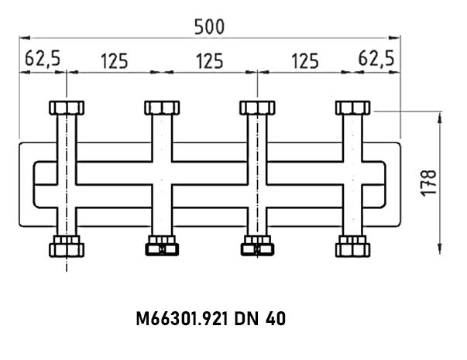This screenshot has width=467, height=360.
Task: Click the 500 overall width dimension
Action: click(x=209, y=26)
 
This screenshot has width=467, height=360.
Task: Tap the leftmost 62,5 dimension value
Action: click(x=43, y=59)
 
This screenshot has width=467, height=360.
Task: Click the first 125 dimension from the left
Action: click(x=115, y=59)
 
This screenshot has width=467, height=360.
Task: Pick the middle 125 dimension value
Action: click(x=209, y=59)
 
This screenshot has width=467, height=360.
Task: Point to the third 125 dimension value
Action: click(x=304, y=59)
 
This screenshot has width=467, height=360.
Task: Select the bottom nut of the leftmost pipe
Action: click(x=67, y=248)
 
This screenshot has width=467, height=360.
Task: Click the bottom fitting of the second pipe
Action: click(x=161, y=248)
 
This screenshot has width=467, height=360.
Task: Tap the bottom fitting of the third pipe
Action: click(x=256, y=248)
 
